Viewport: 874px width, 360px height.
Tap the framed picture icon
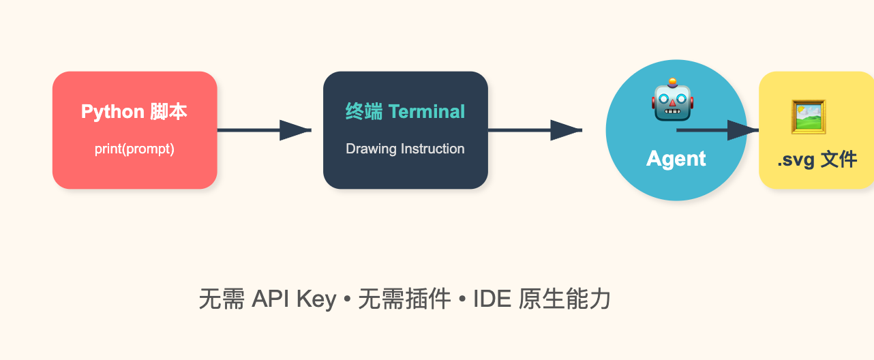(x=809, y=117)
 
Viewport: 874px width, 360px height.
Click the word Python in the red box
(x=112, y=112)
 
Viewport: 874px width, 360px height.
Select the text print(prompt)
(x=134, y=149)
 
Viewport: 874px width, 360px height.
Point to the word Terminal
(x=427, y=112)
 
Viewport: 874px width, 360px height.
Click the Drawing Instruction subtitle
(x=405, y=149)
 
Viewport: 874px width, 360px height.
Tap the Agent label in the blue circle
(x=676, y=159)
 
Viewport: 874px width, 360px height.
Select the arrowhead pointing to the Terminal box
(x=295, y=130)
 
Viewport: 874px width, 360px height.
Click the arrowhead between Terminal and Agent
(x=566, y=130)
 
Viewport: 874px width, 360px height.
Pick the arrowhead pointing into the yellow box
(x=743, y=130)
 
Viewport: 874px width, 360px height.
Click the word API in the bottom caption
(x=271, y=299)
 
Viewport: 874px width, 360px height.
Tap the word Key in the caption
(x=316, y=300)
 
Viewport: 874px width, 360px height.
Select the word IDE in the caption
(x=492, y=299)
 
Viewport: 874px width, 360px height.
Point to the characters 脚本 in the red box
(x=168, y=112)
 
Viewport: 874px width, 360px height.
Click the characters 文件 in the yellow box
(x=839, y=160)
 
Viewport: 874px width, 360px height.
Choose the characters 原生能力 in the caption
(x=564, y=299)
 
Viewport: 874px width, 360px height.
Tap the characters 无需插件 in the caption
(x=404, y=299)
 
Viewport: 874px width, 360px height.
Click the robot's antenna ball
(x=672, y=82)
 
